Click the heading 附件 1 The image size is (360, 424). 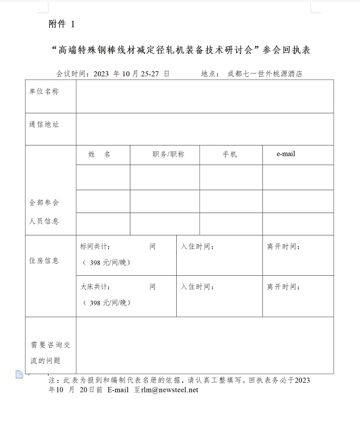point(61,24)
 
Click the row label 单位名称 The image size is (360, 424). point(44,92)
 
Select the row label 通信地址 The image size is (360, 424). point(44,124)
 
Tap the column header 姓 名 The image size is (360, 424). point(99,155)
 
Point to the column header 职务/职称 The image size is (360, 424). point(169,155)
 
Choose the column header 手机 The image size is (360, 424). point(230,155)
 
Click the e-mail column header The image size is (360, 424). point(286,154)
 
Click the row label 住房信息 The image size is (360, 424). point(44,261)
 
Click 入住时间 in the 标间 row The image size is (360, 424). point(197,247)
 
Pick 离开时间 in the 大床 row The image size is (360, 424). point(284,287)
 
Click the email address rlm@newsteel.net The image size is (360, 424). point(170,390)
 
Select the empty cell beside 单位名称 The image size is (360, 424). point(205,96)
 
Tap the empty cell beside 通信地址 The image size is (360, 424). point(205,129)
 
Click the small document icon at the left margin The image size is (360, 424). point(19,374)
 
